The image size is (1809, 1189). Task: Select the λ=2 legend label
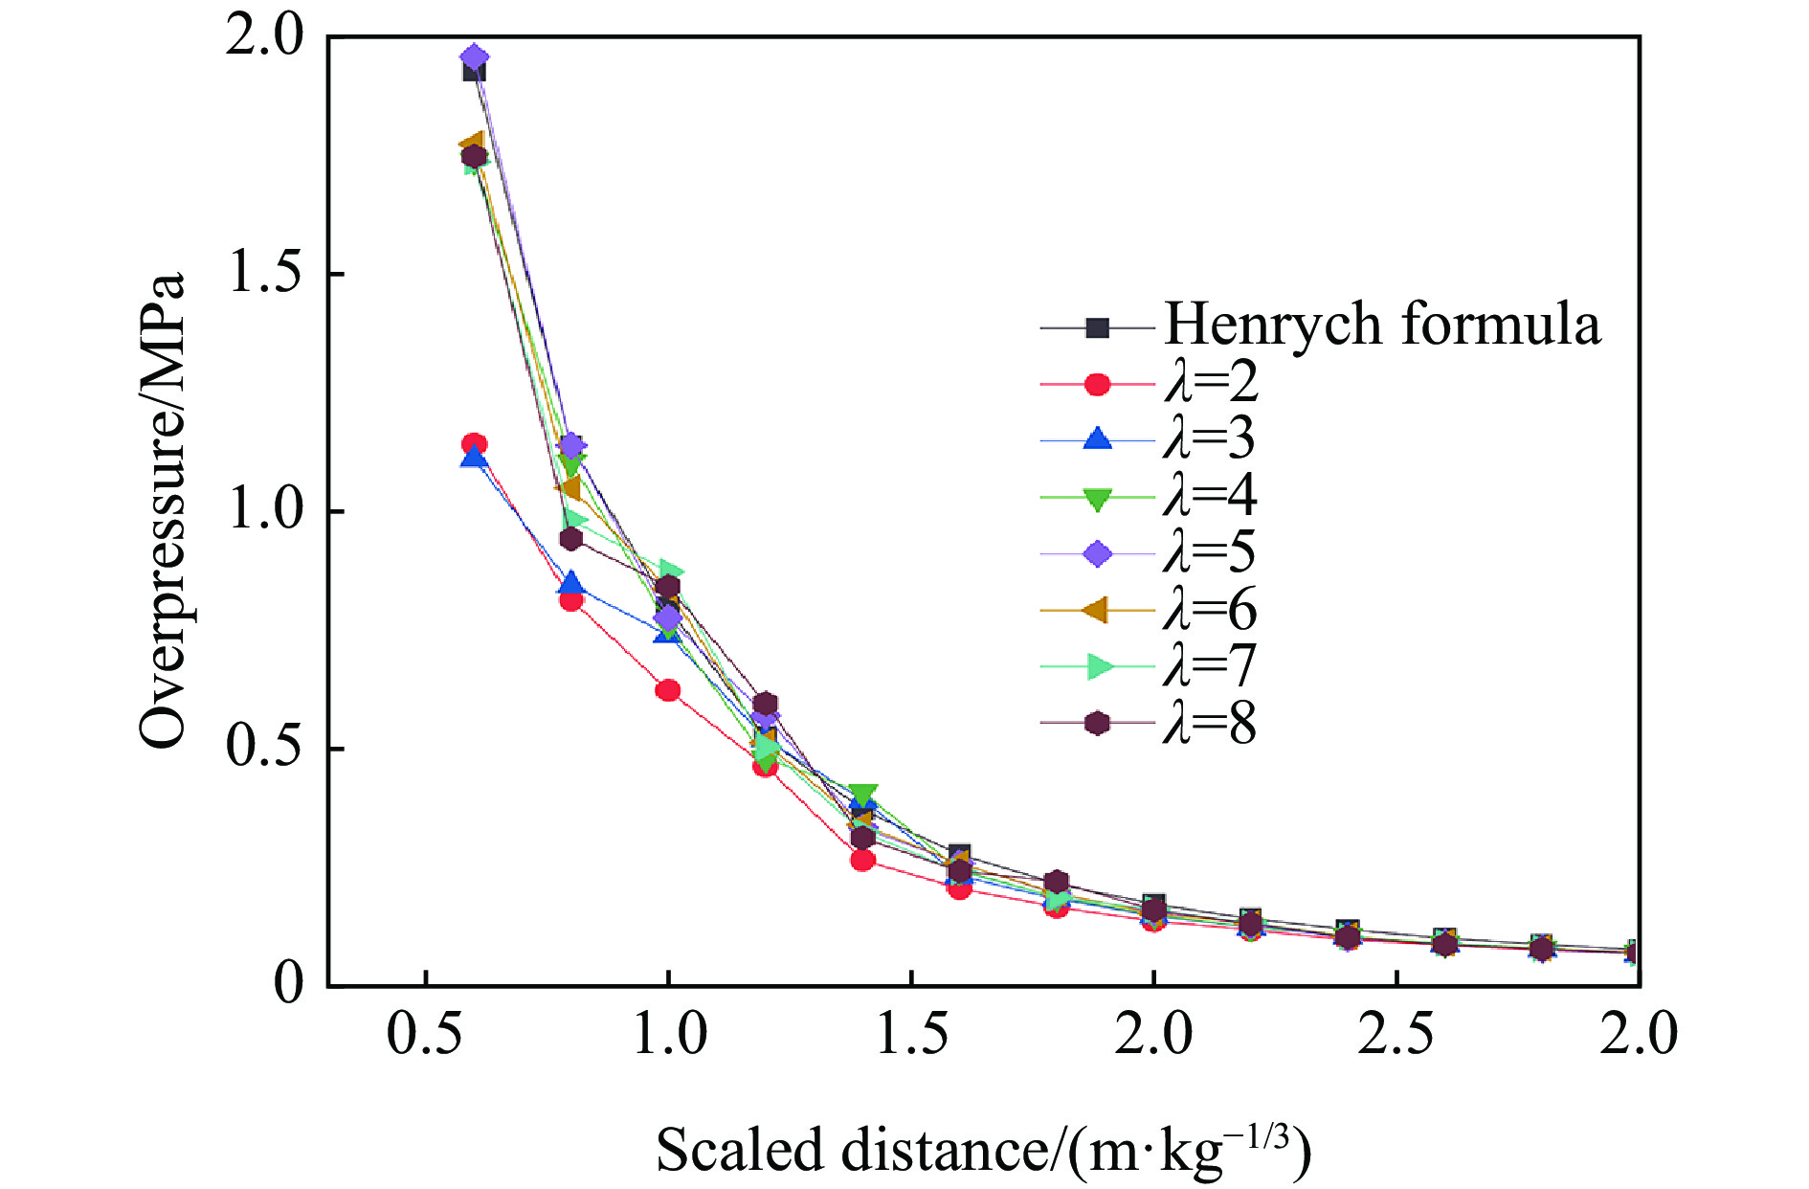click(x=1211, y=383)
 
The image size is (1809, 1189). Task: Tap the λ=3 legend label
click(x=1211, y=439)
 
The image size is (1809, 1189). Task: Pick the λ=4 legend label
click(x=1211, y=496)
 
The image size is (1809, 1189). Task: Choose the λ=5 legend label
click(x=1211, y=552)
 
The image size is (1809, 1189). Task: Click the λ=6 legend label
click(x=1211, y=609)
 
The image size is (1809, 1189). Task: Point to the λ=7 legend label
click(x=1211, y=665)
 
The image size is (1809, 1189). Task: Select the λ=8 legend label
click(x=1211, y=723)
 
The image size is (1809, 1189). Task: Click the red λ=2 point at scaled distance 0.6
click(x=474, y=444)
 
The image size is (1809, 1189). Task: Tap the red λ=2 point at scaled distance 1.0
click(x=668, y=690)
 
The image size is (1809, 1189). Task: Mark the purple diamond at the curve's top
click(x=474, y=58)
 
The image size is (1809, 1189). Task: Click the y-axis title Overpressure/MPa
click(x=161, y=510)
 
